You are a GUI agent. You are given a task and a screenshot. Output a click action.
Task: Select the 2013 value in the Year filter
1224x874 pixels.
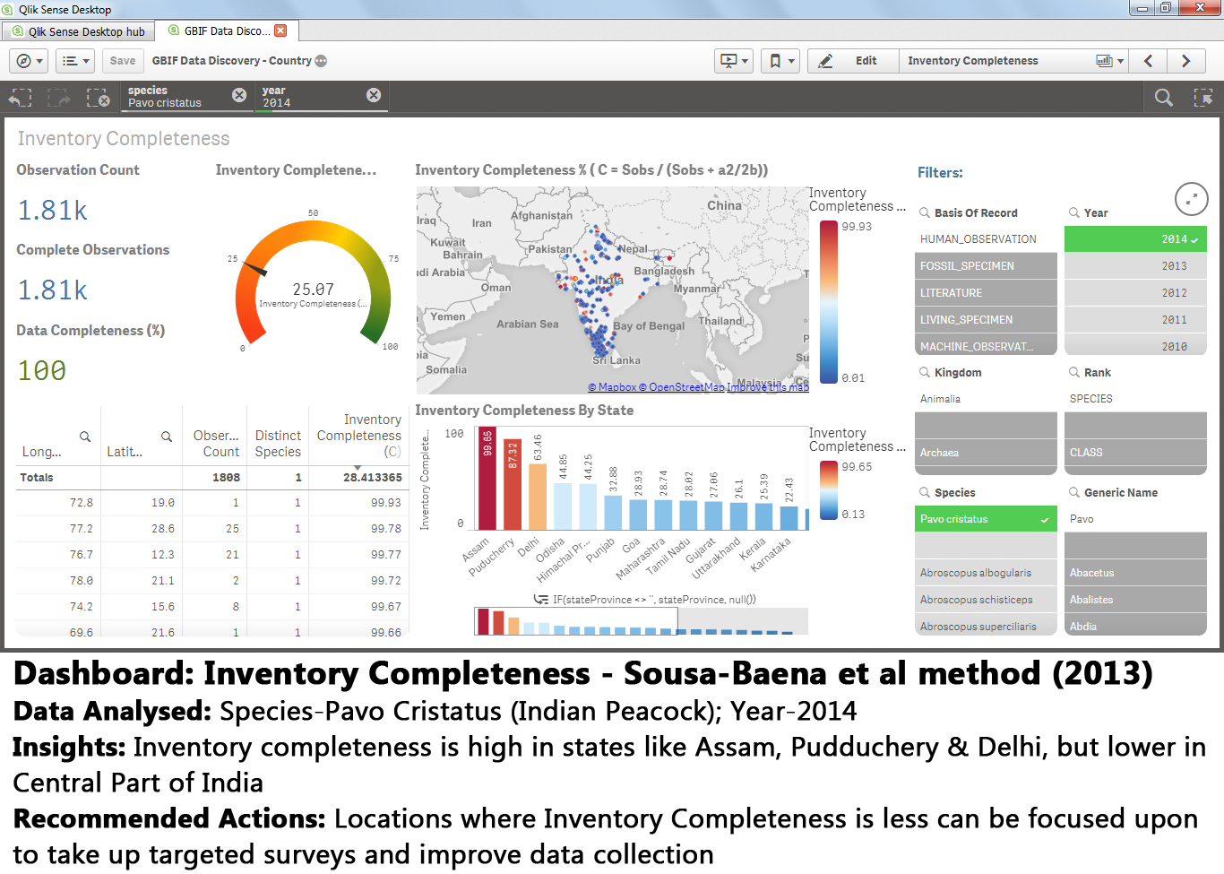1135,266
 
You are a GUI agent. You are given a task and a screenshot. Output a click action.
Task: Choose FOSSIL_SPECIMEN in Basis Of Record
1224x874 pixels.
985,266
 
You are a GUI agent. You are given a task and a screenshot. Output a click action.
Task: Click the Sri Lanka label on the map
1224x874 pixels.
617,360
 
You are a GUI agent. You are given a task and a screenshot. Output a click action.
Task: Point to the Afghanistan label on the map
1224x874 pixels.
541,215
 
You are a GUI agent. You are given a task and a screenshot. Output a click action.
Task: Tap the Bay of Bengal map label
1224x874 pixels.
649,326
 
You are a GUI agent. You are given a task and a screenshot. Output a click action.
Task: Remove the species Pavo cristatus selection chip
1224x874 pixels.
239,95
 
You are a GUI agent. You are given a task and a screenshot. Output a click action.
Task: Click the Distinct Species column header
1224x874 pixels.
278,443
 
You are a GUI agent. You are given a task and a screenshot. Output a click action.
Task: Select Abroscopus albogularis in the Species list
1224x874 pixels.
976,573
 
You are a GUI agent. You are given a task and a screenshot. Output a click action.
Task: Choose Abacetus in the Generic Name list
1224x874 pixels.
1091,573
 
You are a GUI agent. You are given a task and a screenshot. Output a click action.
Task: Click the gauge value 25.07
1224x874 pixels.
313,290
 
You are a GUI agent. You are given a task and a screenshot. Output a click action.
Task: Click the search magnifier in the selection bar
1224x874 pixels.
1163,97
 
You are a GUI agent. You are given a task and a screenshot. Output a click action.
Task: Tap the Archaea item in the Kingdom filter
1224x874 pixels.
939,453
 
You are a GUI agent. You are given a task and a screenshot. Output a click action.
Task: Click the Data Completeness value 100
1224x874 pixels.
42,370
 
